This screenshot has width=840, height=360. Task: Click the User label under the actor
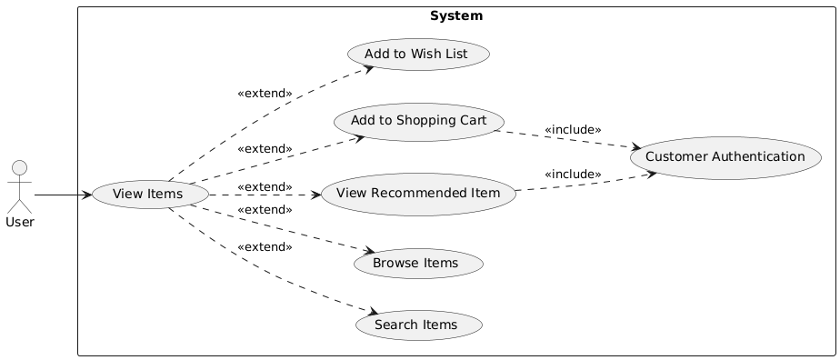[x=21, y=223]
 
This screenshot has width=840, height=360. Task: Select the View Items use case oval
[x=146, y=195]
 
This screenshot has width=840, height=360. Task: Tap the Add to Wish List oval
[x=415, y=55]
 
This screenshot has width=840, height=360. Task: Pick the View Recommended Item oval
[x=418, y=194]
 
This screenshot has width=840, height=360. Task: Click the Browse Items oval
[x=419, y=263]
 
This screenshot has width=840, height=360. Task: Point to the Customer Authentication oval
[x=725, y=157]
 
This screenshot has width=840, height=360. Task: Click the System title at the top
[x=455, y=16]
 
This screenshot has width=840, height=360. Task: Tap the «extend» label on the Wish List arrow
[x=265, y=94]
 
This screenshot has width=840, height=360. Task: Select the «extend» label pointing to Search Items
[x=265, y=247]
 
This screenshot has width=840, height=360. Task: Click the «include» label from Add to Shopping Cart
[x=573, y=130]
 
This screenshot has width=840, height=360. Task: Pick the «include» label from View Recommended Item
[x=573, y=174]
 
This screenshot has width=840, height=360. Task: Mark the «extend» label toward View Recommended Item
[x=265, y=186]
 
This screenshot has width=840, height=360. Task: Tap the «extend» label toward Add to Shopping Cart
[x=265, y=148]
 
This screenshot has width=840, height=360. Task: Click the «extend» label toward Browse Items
[x=265, y=210]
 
